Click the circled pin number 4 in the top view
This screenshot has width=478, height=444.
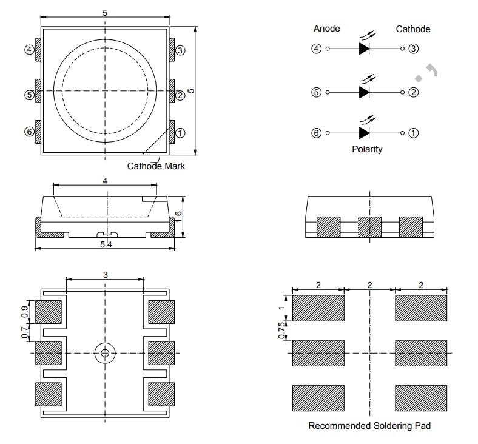tap(29, 50)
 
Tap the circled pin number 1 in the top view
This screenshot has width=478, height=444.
tap(180, 133)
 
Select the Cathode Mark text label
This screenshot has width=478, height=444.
tap(156, 166)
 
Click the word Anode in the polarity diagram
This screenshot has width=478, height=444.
tap(326, 29)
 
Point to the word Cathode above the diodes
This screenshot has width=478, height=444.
tap(413, 29)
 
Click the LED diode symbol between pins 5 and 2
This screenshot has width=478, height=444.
tap(364, 92)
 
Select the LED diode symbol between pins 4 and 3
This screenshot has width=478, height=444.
tap(364, 49)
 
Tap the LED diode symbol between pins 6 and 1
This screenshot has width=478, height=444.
tap(364, 133)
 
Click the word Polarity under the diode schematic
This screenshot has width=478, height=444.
tap(367, 149)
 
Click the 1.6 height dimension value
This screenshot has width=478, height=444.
tap(178, 216)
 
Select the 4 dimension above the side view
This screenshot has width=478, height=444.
tap(105, 181)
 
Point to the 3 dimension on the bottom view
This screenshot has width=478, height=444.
tap(105, 275)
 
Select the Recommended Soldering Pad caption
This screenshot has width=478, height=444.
tap(369, 426)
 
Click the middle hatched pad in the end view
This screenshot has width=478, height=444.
tap(369, 227)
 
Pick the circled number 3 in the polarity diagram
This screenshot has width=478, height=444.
tap(413, 49)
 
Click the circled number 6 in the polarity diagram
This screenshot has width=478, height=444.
tap(316, 133)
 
